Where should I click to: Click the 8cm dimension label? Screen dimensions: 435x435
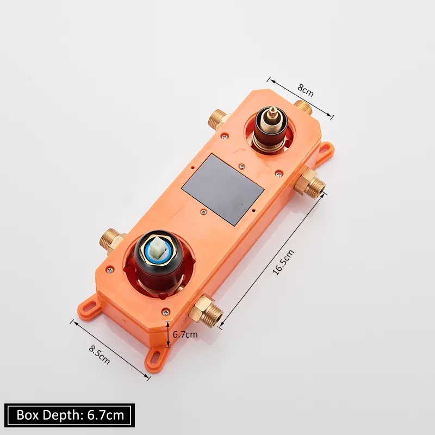tap(306, 90)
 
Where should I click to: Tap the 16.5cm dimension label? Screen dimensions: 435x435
tap(283, 263)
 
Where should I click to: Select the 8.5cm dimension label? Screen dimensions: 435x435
tap(100, 355)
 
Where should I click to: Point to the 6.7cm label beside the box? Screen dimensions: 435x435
tap(185, 334)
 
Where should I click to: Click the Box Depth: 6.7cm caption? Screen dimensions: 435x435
tap(70, 415)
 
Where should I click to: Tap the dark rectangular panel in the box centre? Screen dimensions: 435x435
tap(223, 189)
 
